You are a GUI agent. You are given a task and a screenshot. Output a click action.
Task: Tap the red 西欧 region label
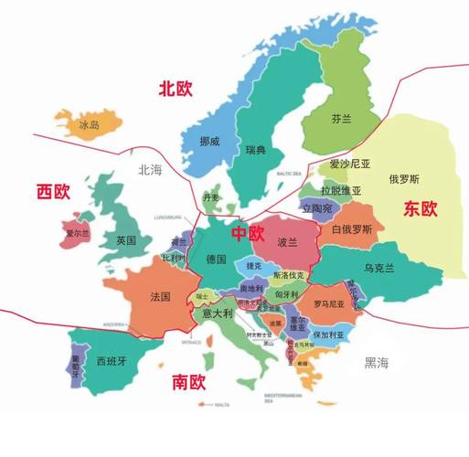point(53,191)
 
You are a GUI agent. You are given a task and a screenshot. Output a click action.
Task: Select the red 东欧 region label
point(419,208)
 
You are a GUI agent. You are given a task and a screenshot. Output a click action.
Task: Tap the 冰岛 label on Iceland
point(89,124)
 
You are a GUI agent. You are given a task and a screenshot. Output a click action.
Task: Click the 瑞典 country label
point(256,149)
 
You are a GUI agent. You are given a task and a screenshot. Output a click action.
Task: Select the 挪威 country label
point(210,143)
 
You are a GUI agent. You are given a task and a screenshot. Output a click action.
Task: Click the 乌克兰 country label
point(378,268)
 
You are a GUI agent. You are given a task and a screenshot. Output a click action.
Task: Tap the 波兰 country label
point(288,243)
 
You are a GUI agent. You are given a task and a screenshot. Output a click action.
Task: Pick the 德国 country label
point(217,259)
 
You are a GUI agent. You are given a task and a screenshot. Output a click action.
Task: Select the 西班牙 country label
point(112,359)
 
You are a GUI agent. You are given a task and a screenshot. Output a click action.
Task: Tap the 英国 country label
point(126,240)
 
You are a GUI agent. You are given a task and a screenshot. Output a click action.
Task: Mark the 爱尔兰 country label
point(76,234)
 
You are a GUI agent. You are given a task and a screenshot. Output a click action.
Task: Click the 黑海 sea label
point(376,363)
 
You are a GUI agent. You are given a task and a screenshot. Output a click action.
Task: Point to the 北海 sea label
point(149,169)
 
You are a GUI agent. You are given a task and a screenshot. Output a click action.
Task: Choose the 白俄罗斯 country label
point(351,229)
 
